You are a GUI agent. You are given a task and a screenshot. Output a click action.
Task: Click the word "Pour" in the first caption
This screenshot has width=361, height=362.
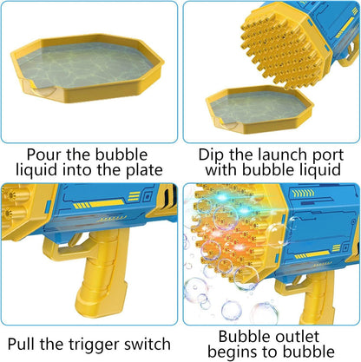click(x=44, y=155)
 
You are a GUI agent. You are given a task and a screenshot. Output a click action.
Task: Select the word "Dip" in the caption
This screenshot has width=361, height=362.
click(x=211, y=155)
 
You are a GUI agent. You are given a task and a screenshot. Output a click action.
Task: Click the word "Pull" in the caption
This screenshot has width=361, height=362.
click(x=22, y=344)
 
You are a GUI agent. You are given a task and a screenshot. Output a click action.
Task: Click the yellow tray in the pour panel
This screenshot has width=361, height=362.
click(x=87, y=68)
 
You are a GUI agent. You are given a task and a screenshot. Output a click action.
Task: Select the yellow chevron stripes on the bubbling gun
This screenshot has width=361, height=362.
click(x=302, y=193)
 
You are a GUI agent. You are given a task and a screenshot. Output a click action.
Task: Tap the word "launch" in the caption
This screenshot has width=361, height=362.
click(x=282, y=155)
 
